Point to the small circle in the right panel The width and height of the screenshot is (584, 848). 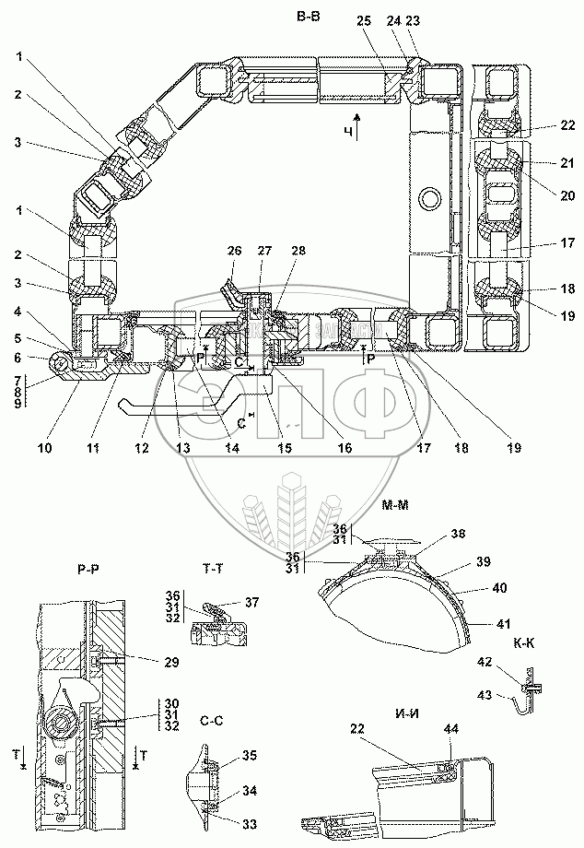point(427,196)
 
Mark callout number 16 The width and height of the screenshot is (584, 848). point(344,449)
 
